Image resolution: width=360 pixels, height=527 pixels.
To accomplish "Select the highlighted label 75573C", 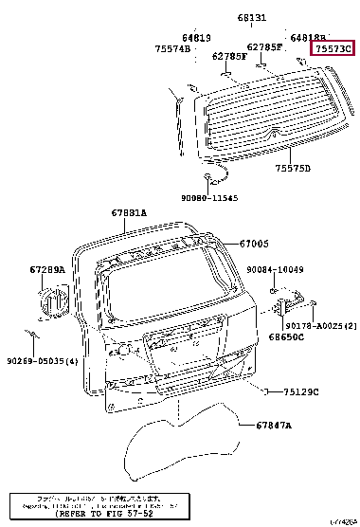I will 333,47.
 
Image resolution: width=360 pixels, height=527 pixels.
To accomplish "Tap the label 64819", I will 209,37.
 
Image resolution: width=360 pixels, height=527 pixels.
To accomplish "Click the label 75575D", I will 293,168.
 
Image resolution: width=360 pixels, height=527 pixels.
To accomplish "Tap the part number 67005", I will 253,244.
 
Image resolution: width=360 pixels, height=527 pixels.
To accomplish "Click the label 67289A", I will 47,270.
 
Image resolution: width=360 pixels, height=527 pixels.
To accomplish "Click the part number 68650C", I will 285,336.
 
